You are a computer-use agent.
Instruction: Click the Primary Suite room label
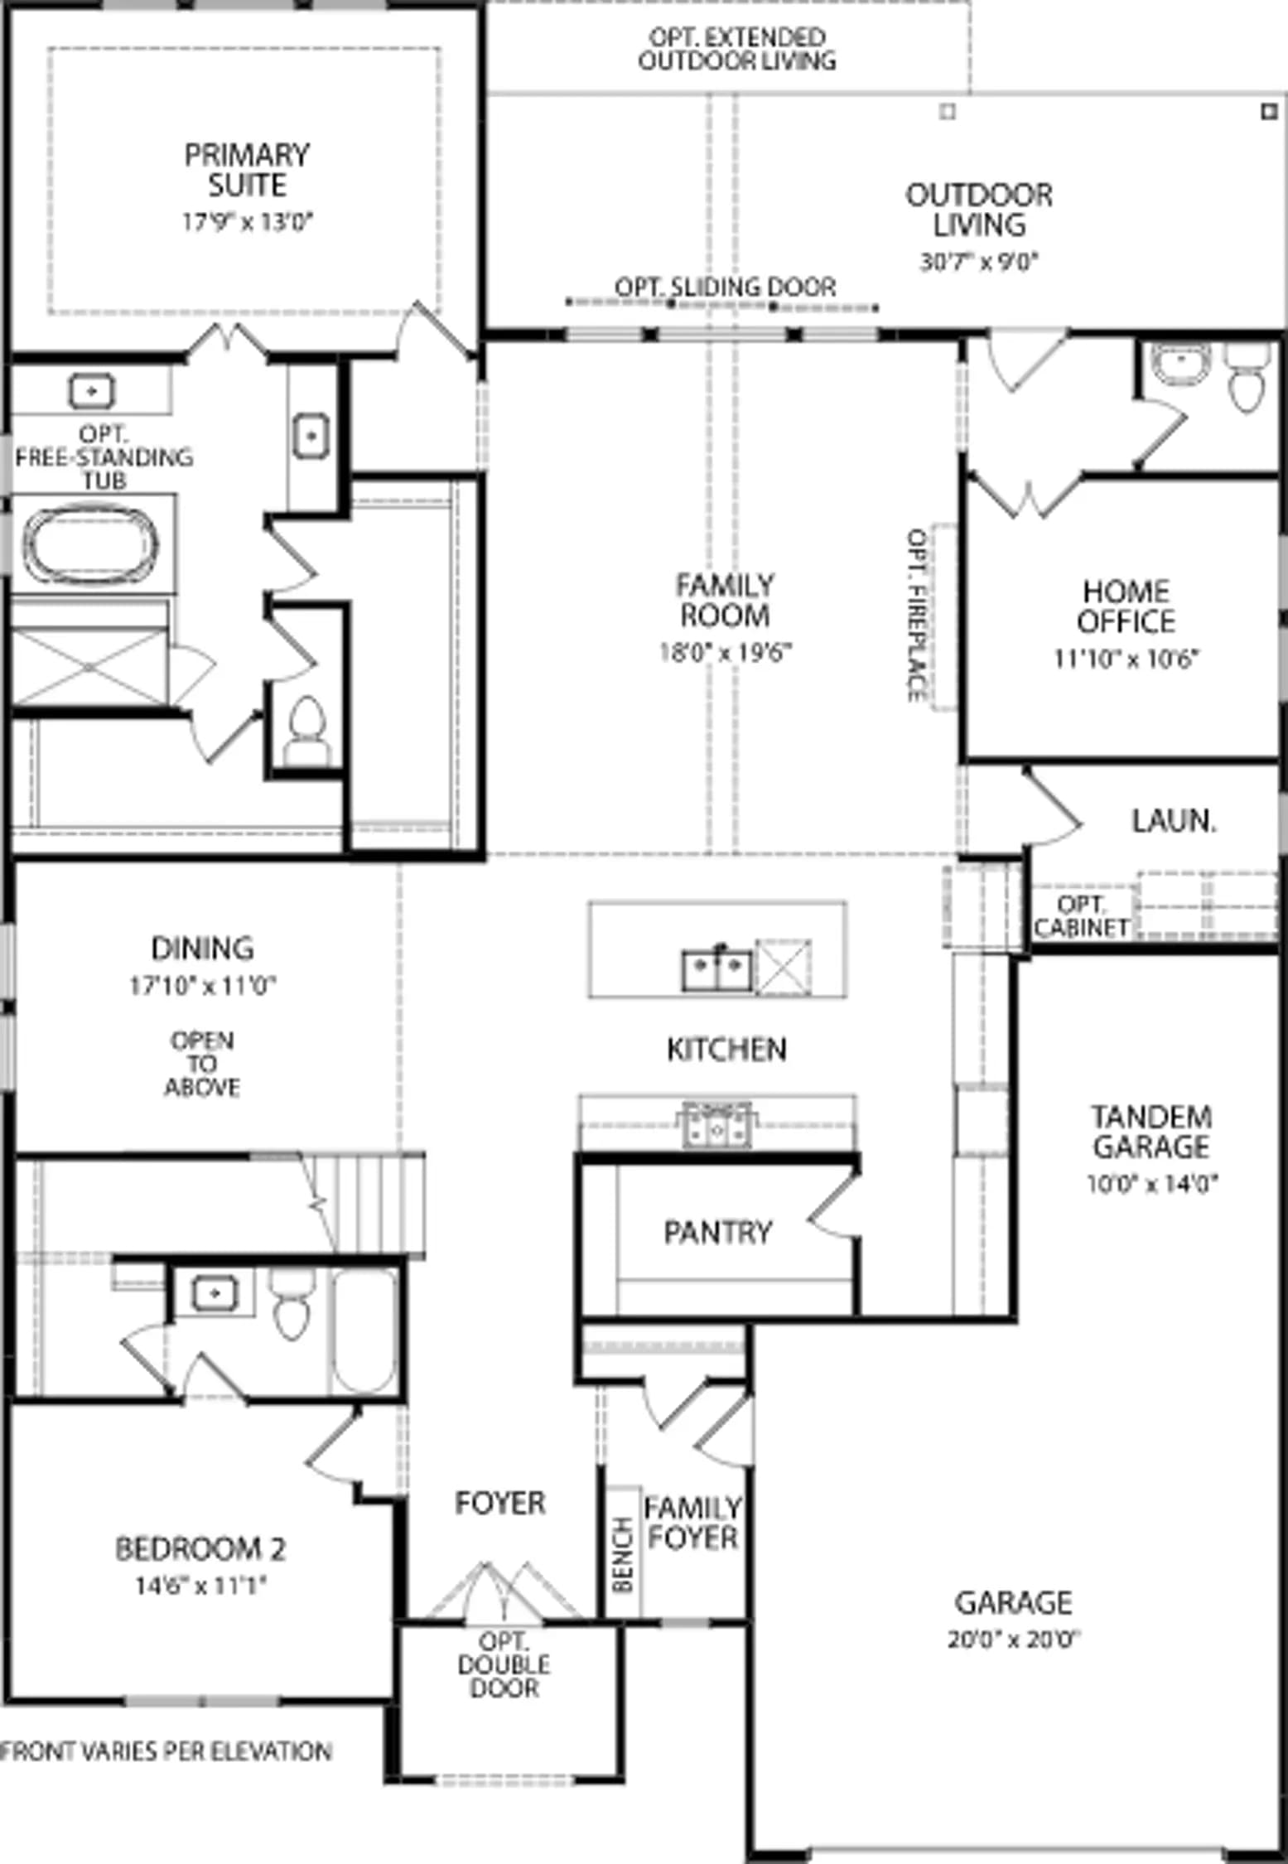247,170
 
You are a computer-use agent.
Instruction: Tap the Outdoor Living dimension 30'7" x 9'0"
979,262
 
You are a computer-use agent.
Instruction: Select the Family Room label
725,601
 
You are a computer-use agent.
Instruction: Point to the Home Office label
1126,606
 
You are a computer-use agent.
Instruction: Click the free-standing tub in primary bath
91,543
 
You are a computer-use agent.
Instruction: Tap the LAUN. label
1174,821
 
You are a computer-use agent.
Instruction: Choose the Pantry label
717,1232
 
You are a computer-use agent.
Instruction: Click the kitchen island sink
717,969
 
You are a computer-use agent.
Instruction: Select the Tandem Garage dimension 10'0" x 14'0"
1151,1183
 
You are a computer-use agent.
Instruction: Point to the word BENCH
623,1554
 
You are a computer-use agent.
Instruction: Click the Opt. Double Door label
504,1664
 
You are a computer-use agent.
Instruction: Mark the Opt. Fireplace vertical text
917,615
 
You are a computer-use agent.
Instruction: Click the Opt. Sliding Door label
725,287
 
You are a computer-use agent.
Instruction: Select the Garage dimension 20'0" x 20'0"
1014,1639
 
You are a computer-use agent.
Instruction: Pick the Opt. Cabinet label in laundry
1081,915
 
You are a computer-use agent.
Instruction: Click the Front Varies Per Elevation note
166,1751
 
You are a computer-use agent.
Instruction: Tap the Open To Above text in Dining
202,1064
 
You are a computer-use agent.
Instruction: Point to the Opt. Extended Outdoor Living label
736,49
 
